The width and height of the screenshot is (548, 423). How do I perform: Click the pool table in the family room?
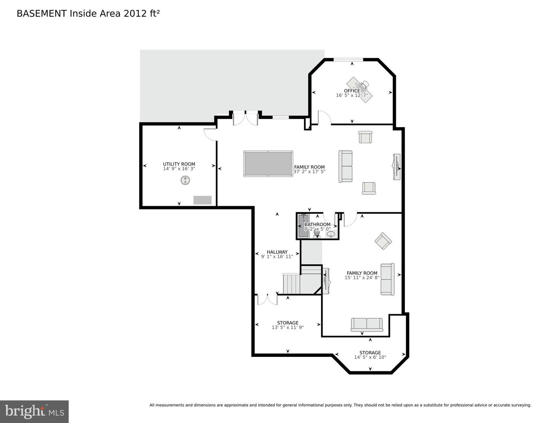coord(268,164)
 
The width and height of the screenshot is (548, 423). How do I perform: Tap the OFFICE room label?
coord(352,91)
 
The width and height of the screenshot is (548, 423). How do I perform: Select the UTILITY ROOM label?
coord(179,164)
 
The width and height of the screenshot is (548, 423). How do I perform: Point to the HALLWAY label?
coord(277,252)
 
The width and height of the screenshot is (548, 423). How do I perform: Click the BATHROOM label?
coord(317,224)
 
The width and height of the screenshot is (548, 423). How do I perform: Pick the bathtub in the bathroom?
coord(304,226)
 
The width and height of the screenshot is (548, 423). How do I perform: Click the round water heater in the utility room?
coord(185,180)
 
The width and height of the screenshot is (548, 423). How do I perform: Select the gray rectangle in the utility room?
coord(202,200)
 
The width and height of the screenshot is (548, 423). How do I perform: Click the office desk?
coord(359,90)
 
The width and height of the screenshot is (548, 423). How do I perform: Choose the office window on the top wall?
coord(348,59)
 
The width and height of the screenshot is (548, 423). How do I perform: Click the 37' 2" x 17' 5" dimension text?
coord(309,172)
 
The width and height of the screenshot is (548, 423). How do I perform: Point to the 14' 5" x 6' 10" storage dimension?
coord(370,357)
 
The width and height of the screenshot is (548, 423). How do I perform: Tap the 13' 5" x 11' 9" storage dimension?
coord(287,328)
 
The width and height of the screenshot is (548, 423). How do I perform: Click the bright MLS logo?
coord(35,411)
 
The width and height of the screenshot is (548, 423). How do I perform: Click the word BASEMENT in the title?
coord(41,14)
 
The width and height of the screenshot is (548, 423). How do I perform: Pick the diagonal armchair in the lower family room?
coord(383,241)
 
